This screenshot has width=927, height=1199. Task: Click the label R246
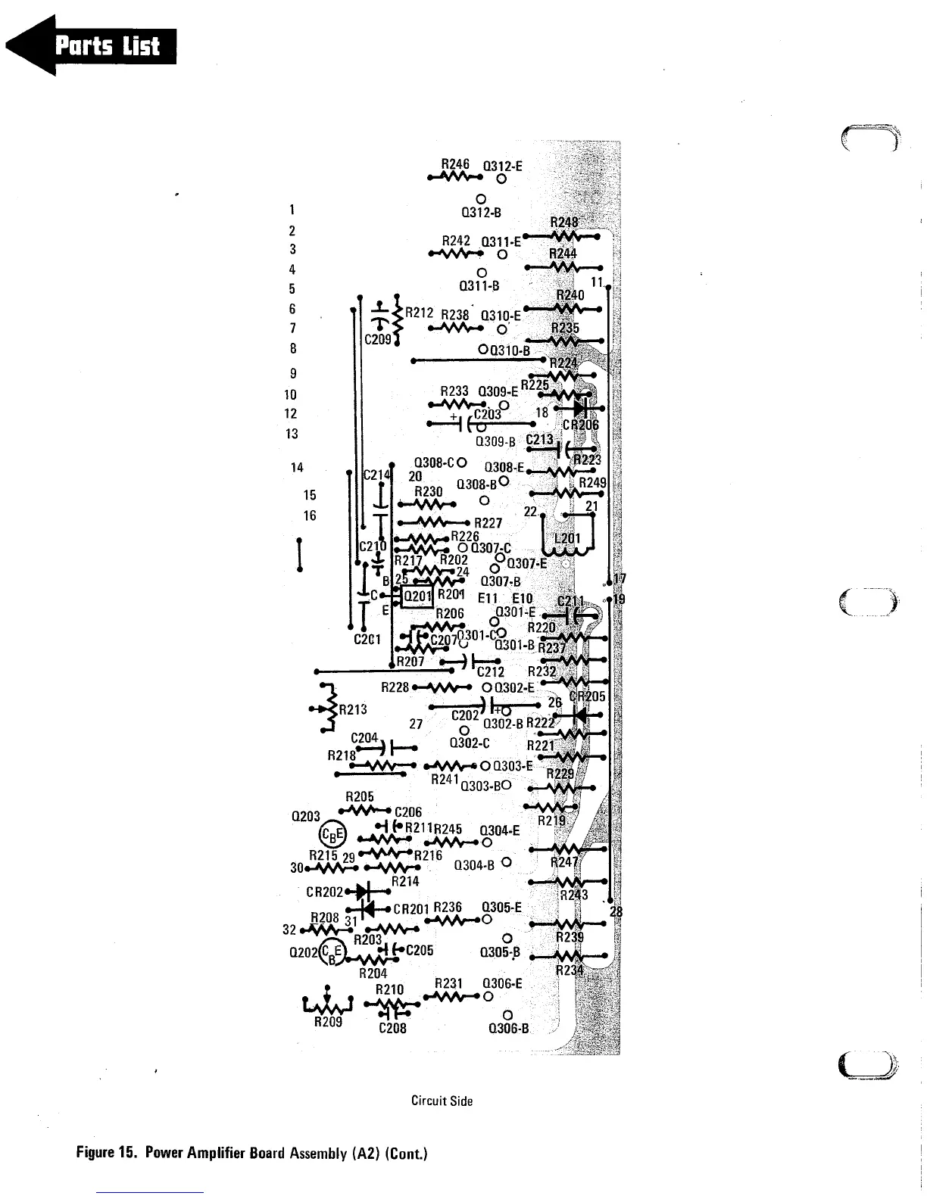[455, 163]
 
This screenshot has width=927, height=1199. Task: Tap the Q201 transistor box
[417, 596]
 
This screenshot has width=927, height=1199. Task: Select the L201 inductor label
[568, 539]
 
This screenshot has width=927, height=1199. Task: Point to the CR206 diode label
[581, 425]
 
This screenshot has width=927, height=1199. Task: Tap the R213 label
[353, 709]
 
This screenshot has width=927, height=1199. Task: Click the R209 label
[328, 1022]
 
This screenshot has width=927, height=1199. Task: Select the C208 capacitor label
[392, 1028]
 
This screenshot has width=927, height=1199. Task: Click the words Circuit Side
[442, 1101]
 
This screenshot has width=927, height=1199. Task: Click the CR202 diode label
[321, 892]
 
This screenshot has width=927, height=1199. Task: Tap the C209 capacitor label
[378, 339]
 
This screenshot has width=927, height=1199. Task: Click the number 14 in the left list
[297, 468]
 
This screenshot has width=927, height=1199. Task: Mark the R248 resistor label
[564, 222]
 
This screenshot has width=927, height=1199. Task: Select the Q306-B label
[508, 1028]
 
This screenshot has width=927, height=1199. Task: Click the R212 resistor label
[419, 312]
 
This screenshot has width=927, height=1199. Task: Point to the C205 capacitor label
[420, 951]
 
